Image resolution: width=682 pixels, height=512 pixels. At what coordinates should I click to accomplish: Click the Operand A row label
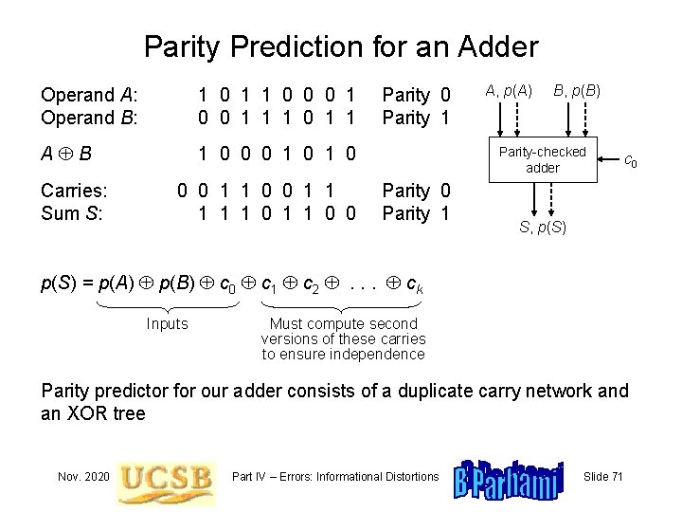pos(89,95)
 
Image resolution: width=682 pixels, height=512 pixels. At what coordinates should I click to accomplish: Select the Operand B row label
pos(89,118)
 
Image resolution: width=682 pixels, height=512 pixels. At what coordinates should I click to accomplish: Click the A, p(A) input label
pos(509,91)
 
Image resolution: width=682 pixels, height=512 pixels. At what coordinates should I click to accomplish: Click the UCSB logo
pos(166,476)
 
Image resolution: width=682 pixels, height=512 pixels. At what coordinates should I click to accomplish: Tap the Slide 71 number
pos(603,476)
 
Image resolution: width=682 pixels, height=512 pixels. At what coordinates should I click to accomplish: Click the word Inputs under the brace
pos(168,324)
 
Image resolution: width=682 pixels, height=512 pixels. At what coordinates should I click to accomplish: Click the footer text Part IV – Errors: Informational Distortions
pos(334,476)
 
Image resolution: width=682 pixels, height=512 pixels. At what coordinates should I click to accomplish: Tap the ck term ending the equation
pos(414,283)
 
